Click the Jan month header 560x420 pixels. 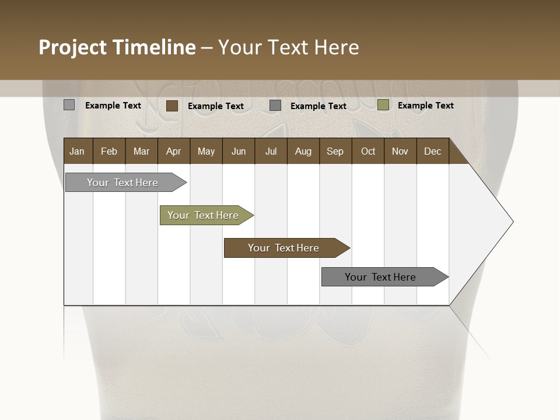point(77,151)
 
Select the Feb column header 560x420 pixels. point(109,151)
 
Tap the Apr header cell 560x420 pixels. point(173,151)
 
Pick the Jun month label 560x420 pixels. point(239,151)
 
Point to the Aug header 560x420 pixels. point(303,151)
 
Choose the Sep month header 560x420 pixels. point(335,151)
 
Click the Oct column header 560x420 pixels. point(368,151)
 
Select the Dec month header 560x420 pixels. point(432,151)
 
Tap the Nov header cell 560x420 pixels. point(400,151)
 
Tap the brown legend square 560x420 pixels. point(172,106)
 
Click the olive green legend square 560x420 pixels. point(383,105)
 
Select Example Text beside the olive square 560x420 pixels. point(425,105)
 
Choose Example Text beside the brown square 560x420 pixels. point(215,106)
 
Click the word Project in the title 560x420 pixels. point(72,47)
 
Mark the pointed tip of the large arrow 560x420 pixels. point(513,222)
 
